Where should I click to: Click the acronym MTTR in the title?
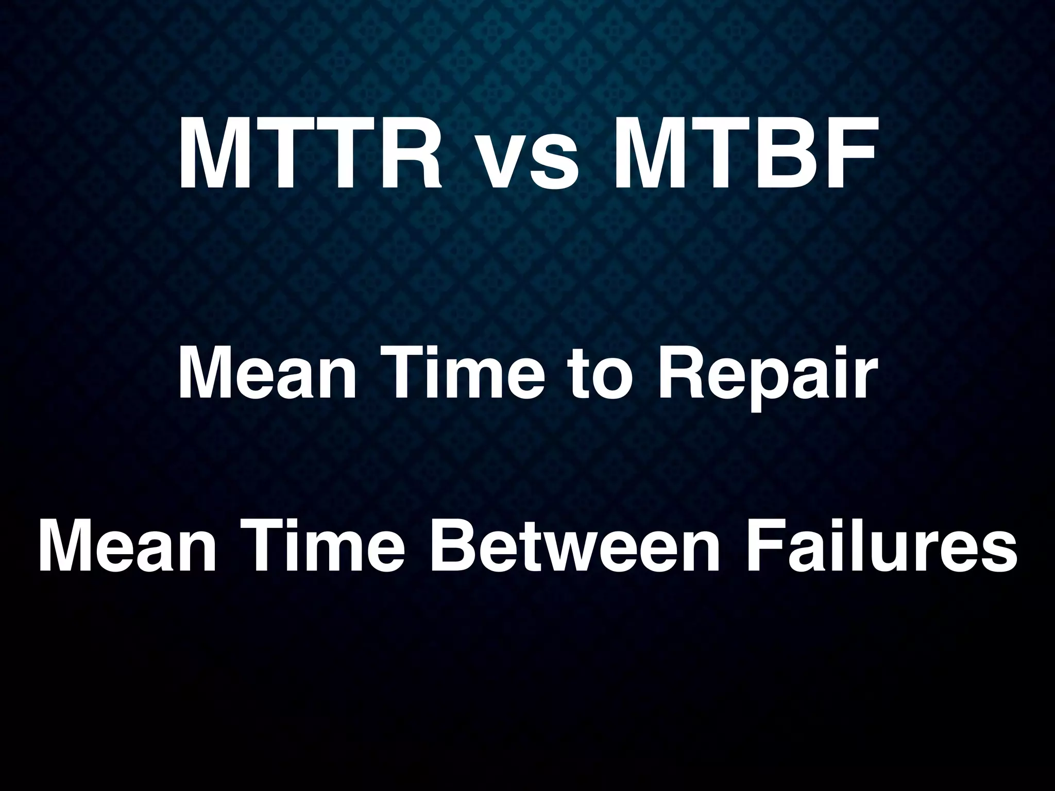(309, 153)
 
